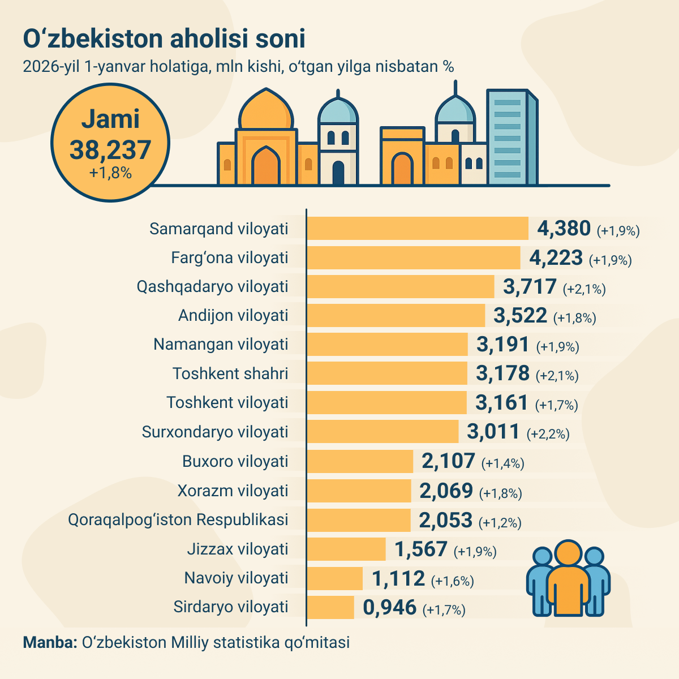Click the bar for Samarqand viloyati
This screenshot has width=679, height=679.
pyautogui.click(x=417, y=229)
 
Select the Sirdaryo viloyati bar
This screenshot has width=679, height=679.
pyautogui.click(x=330, y=607)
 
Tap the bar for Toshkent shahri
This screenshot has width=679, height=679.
pyautogui.click(x=387, y=373)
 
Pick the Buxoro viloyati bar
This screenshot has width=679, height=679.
pyautogui.click(x=360, y=461)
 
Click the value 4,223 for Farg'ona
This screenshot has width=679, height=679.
pyautogui.click(x=556, y=258)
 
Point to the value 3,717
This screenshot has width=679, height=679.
pyautogui.click(x=530, y=287)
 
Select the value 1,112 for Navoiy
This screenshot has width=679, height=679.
pyautogui.click(x=398, y=578)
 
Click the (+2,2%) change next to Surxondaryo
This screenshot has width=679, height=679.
pyautogui.click(x=548, y=434)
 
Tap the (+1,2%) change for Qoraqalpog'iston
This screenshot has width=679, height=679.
pyautogui.click(x=500, y=522)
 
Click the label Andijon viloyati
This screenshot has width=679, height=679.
pyautogui.click(x=233, y=315)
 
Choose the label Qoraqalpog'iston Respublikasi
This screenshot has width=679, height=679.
pyautogui.click(x=178, y=519)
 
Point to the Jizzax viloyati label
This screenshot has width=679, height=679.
pyautogui.click(x=238, y=549)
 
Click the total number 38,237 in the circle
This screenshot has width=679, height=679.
pyautogui.click(x=110, y=151)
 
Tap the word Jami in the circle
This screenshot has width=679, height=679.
pyautogui.click(x=110, y=119)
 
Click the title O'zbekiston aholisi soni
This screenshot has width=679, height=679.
pyautogui.click(x=164, y=38)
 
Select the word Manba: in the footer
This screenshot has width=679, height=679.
pyautogui.click(x=50, y=643)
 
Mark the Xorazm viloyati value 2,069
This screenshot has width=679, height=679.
pyautogui.click(x=446, y=491)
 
